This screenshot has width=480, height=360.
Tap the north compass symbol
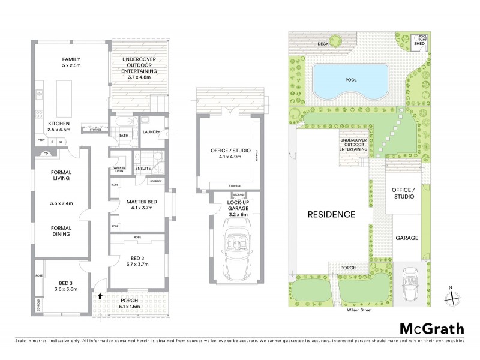454,295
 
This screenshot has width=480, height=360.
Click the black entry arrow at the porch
100,296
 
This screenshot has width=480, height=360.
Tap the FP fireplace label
45,154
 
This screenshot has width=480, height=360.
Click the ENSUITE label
143,169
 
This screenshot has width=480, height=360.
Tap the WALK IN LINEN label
119,169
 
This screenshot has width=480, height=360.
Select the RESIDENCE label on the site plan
332,214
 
